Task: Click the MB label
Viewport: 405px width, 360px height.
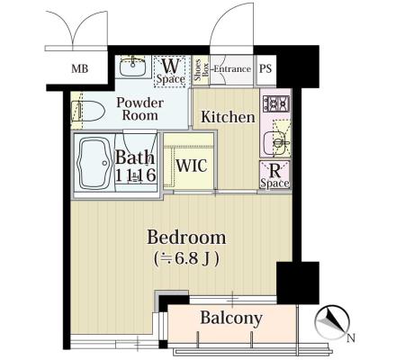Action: (x=80, y=68)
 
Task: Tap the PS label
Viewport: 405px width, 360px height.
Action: (x=265, y=68)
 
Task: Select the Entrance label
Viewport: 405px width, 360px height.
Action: (x=232, y=69)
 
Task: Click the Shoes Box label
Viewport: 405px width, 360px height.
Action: (x=201, y=70)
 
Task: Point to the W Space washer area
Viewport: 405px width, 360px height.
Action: (x=170, y=71)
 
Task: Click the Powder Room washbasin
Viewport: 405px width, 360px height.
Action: (x=132, y=66)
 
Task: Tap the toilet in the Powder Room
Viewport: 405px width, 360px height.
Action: (x=87, y=111)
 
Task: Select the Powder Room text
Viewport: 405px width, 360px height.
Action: (x=140, y=109)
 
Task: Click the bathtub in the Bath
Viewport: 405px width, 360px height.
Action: (x=94, y=163)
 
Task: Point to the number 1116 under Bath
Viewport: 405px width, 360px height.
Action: (x=136, y=175)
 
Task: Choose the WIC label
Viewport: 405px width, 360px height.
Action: (x=192, y=166)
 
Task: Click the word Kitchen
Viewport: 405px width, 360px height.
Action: (x=228, y=117)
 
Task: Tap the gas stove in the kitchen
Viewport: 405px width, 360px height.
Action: (x=276, y=103)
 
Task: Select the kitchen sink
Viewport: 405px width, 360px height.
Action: (x=274, y=142)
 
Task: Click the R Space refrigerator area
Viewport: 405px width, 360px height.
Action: (x=274, y=175)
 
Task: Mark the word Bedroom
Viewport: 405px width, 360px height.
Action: (x=186, y=238)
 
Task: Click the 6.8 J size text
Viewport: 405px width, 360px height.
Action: (x=186, y=258)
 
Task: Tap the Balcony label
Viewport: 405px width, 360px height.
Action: (x=231, y=319)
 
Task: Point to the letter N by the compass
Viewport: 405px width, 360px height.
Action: (x=351, y=338)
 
